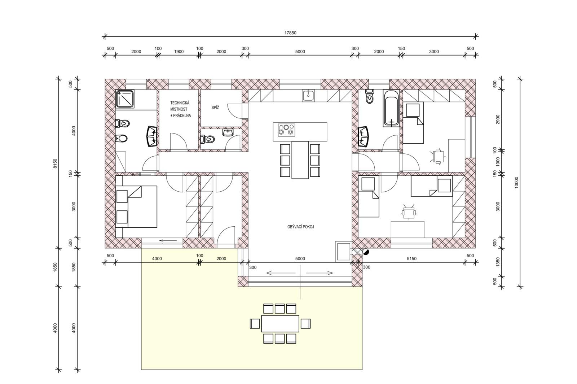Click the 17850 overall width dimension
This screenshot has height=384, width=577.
tap(290, 33)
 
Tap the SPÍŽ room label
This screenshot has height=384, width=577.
tap(215, 108)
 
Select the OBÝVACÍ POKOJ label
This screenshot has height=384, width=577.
tap(301, 227)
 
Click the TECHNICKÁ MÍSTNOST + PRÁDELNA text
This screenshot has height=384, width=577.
tap(180, 109)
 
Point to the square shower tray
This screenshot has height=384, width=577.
tap(125, 99)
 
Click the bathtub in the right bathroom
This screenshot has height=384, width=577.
tap(391, 108)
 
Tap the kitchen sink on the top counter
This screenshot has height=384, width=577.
tap(308, 96)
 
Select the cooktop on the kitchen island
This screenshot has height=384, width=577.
tap(286, 130)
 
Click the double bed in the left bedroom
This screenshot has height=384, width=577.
tap(136, 207)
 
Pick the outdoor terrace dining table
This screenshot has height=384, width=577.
tap(280, 323)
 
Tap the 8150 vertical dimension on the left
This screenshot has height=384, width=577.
tap(55, 163)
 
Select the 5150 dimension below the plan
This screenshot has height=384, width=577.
tap(411, 258)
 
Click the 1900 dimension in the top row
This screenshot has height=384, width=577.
tap(179, 52)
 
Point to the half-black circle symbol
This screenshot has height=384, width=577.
tap(366, 252)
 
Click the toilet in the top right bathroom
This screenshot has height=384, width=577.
tap(370, 97)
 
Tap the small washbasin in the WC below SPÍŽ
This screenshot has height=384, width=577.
tap(228, 132)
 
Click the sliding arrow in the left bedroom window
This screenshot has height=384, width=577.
tap(168, 241)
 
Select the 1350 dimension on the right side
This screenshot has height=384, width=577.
tap(498, 262)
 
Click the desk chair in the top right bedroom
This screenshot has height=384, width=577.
tap(438, 156)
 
